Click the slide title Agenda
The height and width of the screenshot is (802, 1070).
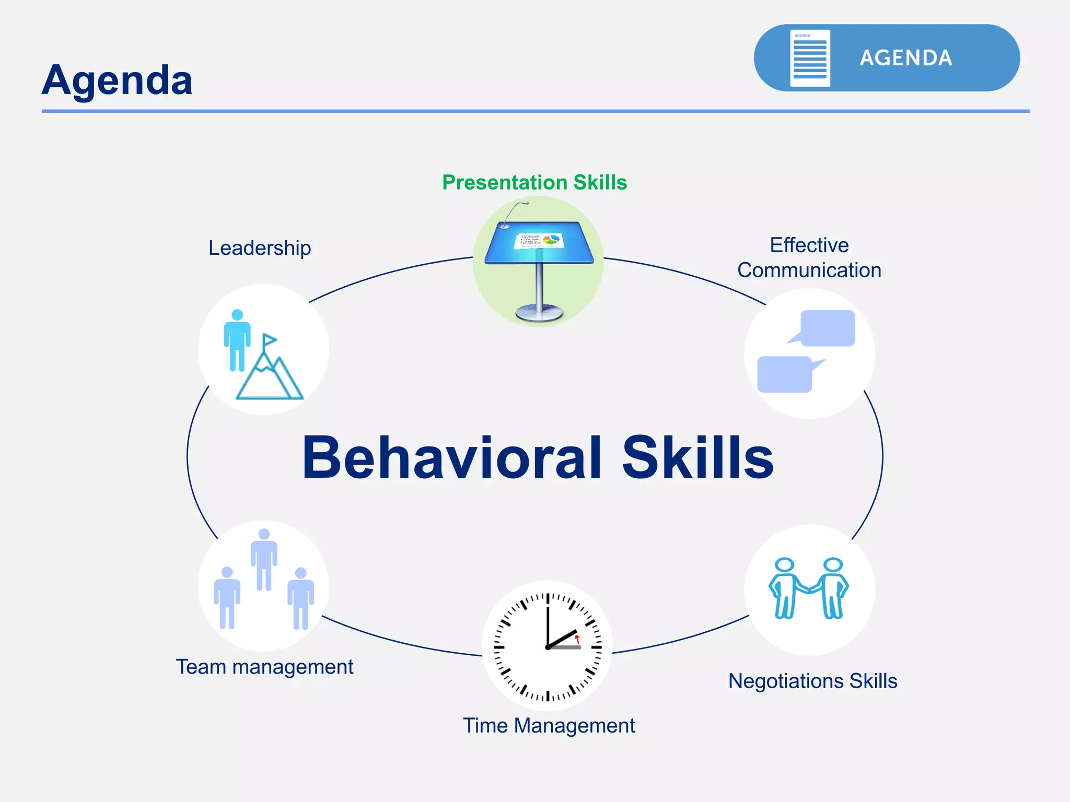coord(117,80)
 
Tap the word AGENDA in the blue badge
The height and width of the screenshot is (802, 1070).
coord(905,58)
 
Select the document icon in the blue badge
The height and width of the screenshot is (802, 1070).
coord(810,58)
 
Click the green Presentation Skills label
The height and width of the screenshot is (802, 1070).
coord(534,182)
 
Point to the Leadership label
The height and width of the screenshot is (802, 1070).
coord(260,247)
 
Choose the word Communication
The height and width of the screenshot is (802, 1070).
coord(809,270)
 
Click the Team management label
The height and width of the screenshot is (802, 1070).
coord(264,667)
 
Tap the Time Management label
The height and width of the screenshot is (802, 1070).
coord(549,725)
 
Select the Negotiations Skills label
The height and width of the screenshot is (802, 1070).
coord(812,681)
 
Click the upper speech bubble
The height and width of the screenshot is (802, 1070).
coord(827,328)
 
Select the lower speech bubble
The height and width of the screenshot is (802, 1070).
coord(785,374)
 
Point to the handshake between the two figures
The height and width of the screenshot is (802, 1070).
coord(809,588)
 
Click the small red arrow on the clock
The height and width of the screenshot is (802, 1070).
coord(577,639)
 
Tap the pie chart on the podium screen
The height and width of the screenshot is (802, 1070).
coord(551,240)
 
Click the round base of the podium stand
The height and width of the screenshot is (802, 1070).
coord(539,313)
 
